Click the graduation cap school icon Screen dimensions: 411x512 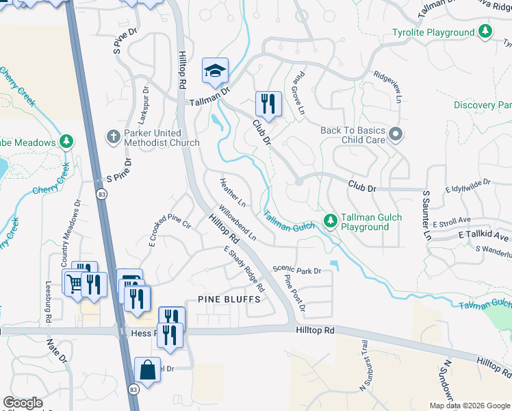pos(215,71)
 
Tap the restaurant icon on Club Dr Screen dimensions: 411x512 pos(267,103)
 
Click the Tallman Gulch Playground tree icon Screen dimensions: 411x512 pos(330,220)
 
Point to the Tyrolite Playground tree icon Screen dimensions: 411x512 pos(485,32)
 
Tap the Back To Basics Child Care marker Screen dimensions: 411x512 pos(395,135)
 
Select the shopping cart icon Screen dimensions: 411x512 pos(75,282)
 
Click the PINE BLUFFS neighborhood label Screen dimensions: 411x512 pos(229,300)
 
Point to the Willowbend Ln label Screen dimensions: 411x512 pos(238,223)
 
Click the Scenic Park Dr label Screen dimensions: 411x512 pos(297,271)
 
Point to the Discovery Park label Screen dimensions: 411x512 pos(483,105)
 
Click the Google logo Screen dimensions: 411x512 pos(23,403)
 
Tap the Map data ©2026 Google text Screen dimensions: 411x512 pos(469,406)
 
